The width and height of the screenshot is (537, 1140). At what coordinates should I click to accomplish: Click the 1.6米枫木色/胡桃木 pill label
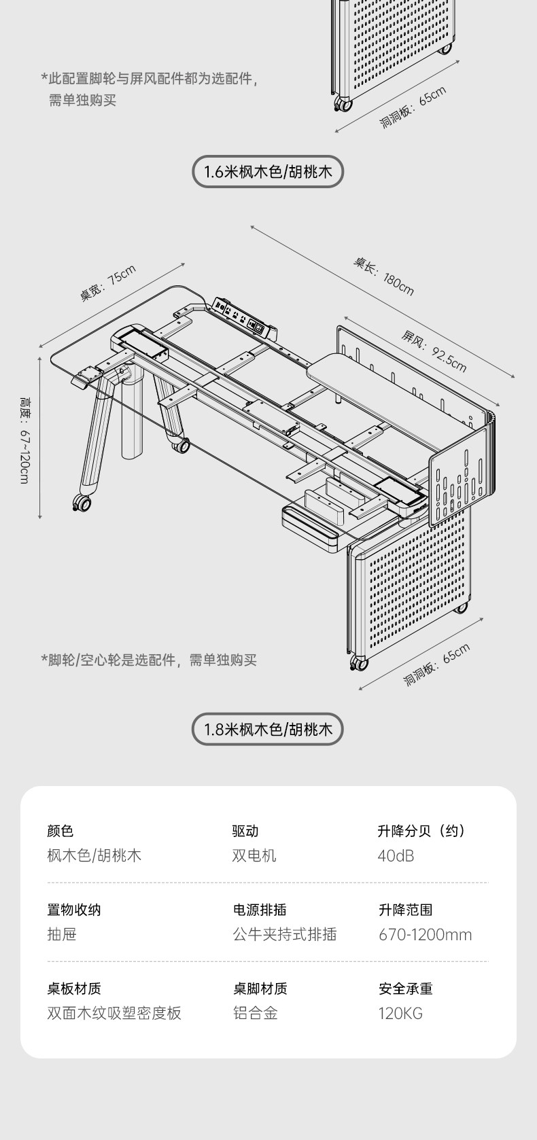tap(268, 171)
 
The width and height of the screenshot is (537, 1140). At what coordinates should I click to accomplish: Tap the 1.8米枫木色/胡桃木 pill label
tap(268, 730)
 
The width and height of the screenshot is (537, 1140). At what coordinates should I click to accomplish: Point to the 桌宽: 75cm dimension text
tap(108, 283)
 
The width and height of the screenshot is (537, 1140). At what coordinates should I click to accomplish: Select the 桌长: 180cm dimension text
tap(383, 275)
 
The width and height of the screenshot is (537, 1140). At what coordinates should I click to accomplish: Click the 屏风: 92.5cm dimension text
tap(434, 351)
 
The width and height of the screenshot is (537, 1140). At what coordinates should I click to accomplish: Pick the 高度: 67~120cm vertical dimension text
tap(24, 440)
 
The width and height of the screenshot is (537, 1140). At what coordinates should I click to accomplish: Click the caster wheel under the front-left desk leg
tap(82, 503)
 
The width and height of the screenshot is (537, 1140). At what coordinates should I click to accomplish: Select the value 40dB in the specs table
tap(396, 855)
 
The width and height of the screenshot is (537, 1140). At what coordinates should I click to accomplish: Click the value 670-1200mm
tap(425, 934)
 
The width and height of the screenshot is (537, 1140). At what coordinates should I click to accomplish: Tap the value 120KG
tap(400, 1013)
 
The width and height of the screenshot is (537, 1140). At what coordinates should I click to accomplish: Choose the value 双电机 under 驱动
tap(254, 855)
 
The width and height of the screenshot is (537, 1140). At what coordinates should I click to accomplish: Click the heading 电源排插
tap(260, 910)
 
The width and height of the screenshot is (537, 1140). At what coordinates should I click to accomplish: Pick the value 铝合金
tap(256, 1013)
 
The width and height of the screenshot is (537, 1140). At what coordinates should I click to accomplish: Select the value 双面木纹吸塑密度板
tap(114, 1013)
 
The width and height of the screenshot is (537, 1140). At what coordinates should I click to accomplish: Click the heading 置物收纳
tap(74, 910)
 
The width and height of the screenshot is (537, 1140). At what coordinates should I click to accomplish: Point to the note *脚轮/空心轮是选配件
tap(149, 660)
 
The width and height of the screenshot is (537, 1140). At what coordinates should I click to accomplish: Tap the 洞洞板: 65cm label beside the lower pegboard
tap(436, 664)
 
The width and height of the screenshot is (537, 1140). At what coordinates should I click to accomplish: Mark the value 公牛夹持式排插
tap(285, 934)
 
